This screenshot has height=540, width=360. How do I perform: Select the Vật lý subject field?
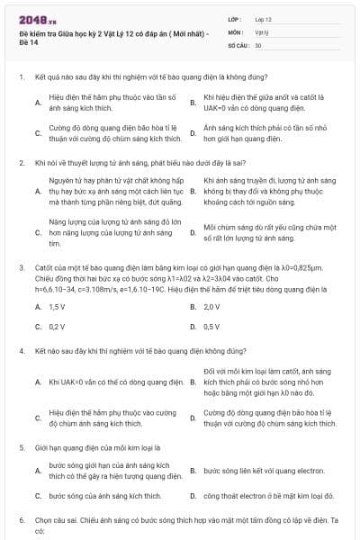262,31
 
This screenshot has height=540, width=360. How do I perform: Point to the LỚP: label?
235,18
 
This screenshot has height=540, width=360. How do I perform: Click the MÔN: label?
236,31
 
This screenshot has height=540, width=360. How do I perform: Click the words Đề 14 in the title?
29,42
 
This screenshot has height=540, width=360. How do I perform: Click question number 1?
21,77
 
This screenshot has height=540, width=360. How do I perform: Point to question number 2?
21,163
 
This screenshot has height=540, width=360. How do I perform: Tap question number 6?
21,520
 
